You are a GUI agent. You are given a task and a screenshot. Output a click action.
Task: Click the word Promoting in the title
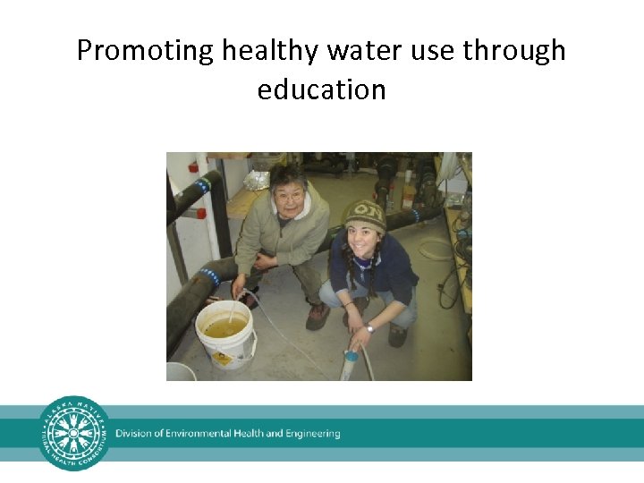144,51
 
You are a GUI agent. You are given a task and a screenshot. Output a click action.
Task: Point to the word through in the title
514,51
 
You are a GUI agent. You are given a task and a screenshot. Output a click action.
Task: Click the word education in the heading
321,89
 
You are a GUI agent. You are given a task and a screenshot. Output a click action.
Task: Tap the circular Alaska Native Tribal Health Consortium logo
74,434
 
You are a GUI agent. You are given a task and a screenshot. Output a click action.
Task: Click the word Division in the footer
134,434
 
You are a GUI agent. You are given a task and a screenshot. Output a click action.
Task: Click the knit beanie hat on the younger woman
365,215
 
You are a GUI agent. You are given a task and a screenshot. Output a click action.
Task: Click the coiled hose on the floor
436,248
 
